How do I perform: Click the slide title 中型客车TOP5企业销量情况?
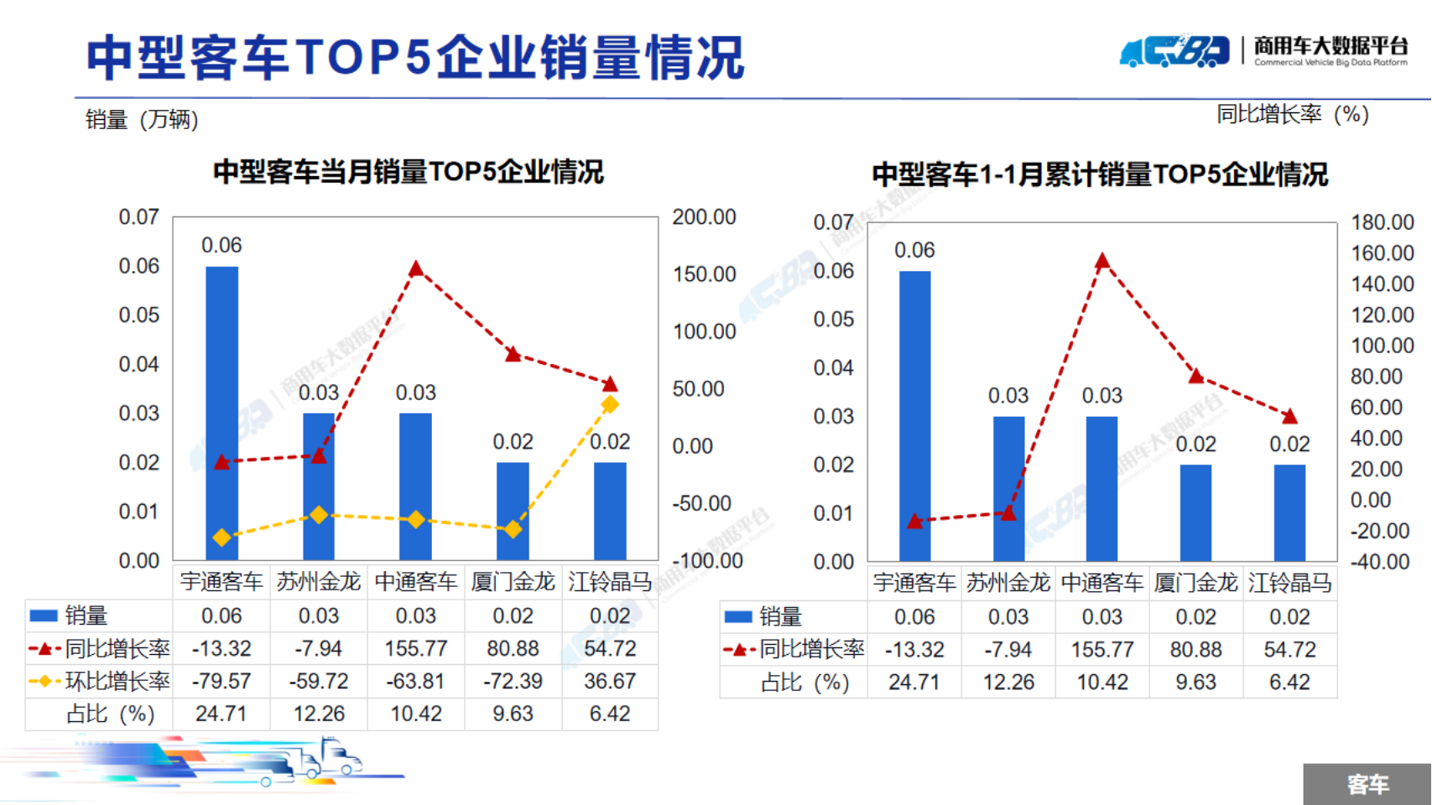(415, 58)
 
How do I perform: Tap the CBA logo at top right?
(1174, 51)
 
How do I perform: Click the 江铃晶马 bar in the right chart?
(1289, 512)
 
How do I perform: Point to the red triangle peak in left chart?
(416, 269)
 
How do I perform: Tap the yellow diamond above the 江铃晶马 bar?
(610, 404)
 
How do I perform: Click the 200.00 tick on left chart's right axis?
(704, 217)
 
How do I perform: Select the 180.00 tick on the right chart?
(1382, 222)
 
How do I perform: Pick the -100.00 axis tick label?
(707, 560)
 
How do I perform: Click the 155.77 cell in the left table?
(416, 648)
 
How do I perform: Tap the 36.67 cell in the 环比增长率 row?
(610, 681)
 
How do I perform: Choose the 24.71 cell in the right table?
(914, 682)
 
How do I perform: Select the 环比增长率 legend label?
(117, 681)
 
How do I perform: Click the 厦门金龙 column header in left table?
(513, 581)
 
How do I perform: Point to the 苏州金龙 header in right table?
(1008, 583)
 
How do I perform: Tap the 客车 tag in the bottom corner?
(1367, 784)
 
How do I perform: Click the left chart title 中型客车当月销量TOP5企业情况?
(409, 172)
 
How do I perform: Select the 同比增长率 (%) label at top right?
(1292, 114)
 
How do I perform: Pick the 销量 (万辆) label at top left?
(142, 120)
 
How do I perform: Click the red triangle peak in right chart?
(1102, 262)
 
